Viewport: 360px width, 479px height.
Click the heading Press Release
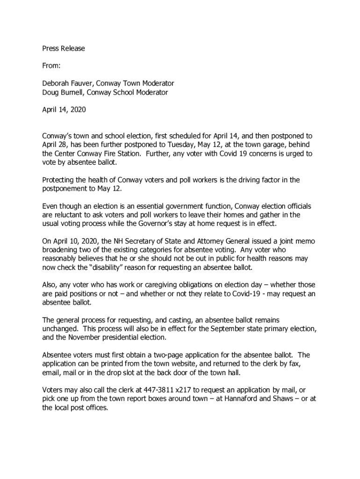coord(64,48)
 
